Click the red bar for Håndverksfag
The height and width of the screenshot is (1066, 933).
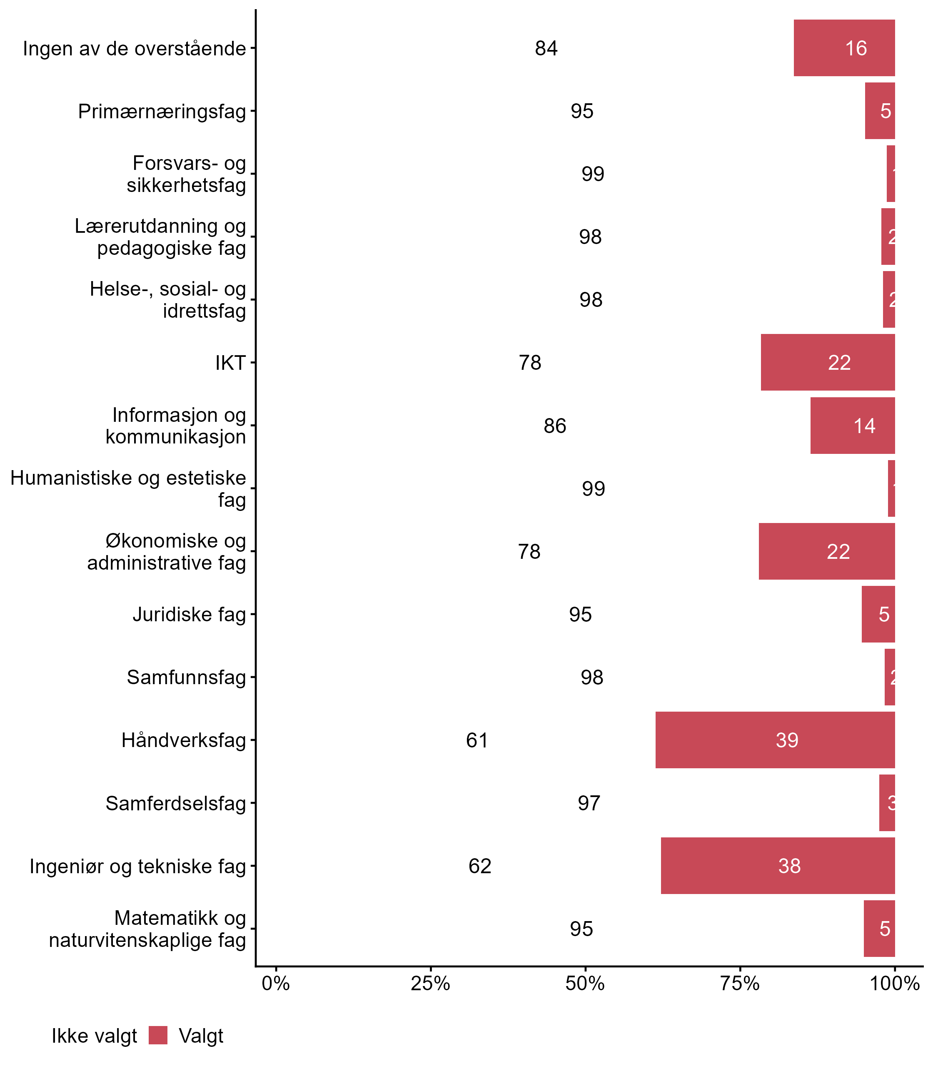pos(775,740)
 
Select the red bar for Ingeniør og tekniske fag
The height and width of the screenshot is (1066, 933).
pos(778,866)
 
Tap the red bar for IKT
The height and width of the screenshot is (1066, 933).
pos(828,362)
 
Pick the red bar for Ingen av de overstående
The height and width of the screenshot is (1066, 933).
pos(844,48)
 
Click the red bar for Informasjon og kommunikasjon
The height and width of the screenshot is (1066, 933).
pos(852,425)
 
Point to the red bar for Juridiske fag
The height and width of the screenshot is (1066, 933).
pos(878,614)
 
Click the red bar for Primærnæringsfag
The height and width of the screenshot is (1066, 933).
pos(880,111)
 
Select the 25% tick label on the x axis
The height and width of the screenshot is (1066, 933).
pos(430,983)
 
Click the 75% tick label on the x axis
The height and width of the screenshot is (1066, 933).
pos(740,983)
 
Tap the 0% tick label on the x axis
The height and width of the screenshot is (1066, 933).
pos(275,983)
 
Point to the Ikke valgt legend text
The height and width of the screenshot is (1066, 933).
pos(94,1036)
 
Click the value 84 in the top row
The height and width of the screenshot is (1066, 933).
pos(546,48)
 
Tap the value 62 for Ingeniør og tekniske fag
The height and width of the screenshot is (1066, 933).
pos(479,866)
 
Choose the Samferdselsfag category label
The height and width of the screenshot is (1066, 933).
pos(175,803)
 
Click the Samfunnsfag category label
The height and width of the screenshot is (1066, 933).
pos(186,677)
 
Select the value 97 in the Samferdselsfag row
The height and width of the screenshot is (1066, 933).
pos(589,803)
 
